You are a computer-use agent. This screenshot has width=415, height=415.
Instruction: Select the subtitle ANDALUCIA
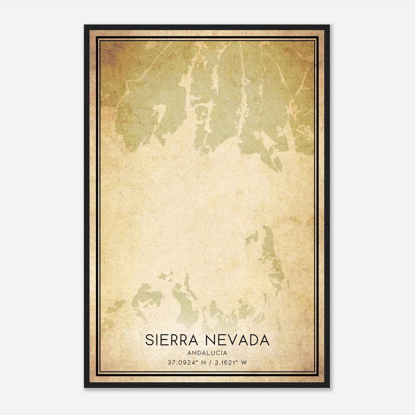click(x=207, y=353)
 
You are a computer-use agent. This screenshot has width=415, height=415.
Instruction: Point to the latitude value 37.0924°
click(x=182, y=363)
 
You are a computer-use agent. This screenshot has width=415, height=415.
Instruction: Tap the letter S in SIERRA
click(x=150, y=340)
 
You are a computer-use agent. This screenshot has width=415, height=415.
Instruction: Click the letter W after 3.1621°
click(x=244, y=363)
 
